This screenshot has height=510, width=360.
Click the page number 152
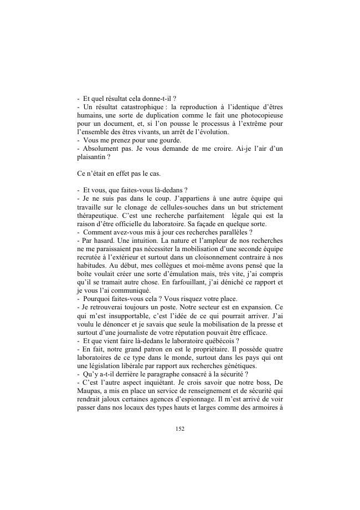[179, 429]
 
